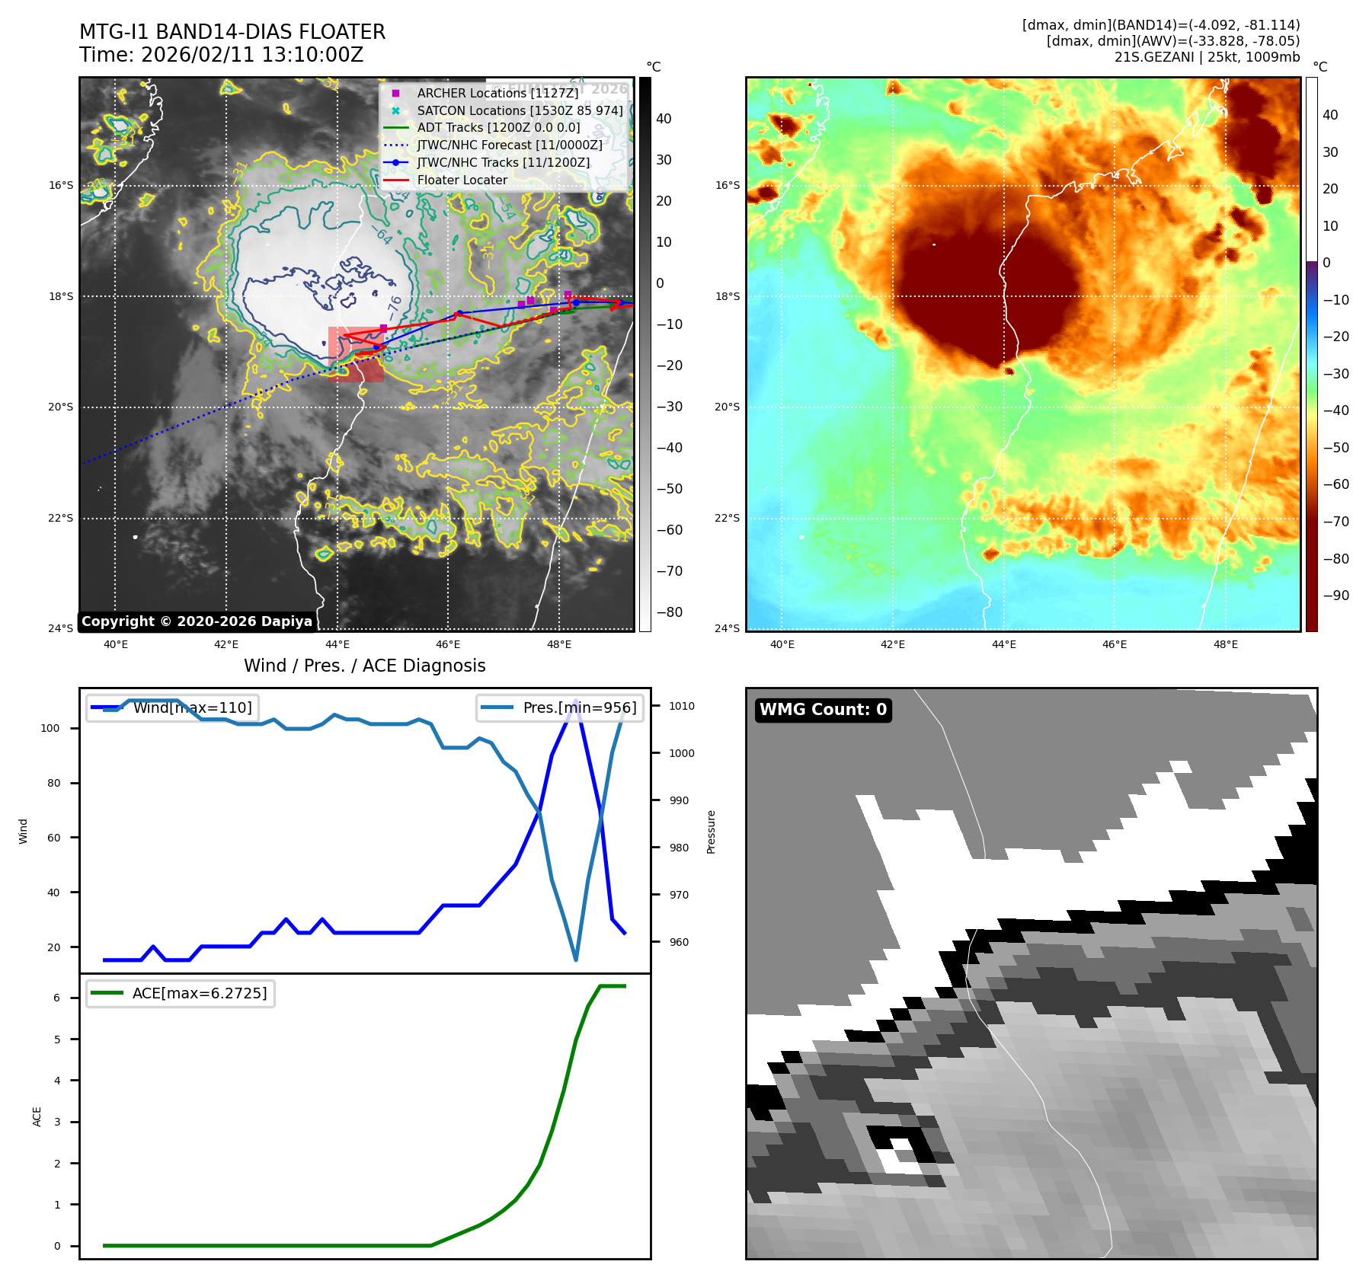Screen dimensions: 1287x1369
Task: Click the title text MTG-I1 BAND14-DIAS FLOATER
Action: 232,32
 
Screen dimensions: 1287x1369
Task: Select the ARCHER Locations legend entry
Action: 497,93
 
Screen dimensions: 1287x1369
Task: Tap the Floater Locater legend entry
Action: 462,180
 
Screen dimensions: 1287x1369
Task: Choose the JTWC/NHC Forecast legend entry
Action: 509,145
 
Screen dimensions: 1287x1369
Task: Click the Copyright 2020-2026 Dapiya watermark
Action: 197,621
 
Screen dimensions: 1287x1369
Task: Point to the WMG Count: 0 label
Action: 823,710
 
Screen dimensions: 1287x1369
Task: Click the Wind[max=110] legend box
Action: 173,707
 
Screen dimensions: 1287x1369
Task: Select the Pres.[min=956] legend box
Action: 561,707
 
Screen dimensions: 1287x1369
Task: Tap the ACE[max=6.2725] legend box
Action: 181,993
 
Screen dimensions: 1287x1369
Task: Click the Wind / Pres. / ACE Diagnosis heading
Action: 364,666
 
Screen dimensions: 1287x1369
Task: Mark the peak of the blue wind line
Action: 576,700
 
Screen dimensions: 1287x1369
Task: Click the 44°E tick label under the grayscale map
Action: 337,644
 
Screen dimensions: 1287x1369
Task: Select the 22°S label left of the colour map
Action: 727,518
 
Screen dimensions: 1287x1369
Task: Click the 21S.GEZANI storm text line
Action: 1207,57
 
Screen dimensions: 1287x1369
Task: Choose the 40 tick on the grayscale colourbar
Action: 664,119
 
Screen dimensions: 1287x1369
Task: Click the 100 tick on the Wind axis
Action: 50,728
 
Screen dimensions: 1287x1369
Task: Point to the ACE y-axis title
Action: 37,1116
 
